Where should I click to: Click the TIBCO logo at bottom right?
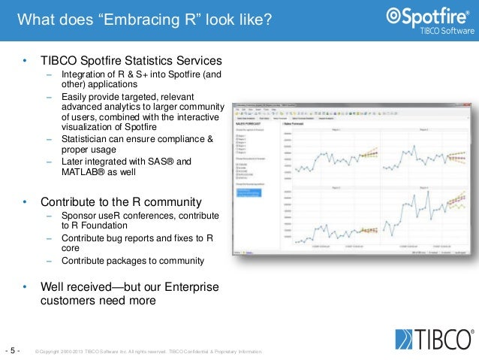point(432,339)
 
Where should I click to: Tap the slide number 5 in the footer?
point(14,350)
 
